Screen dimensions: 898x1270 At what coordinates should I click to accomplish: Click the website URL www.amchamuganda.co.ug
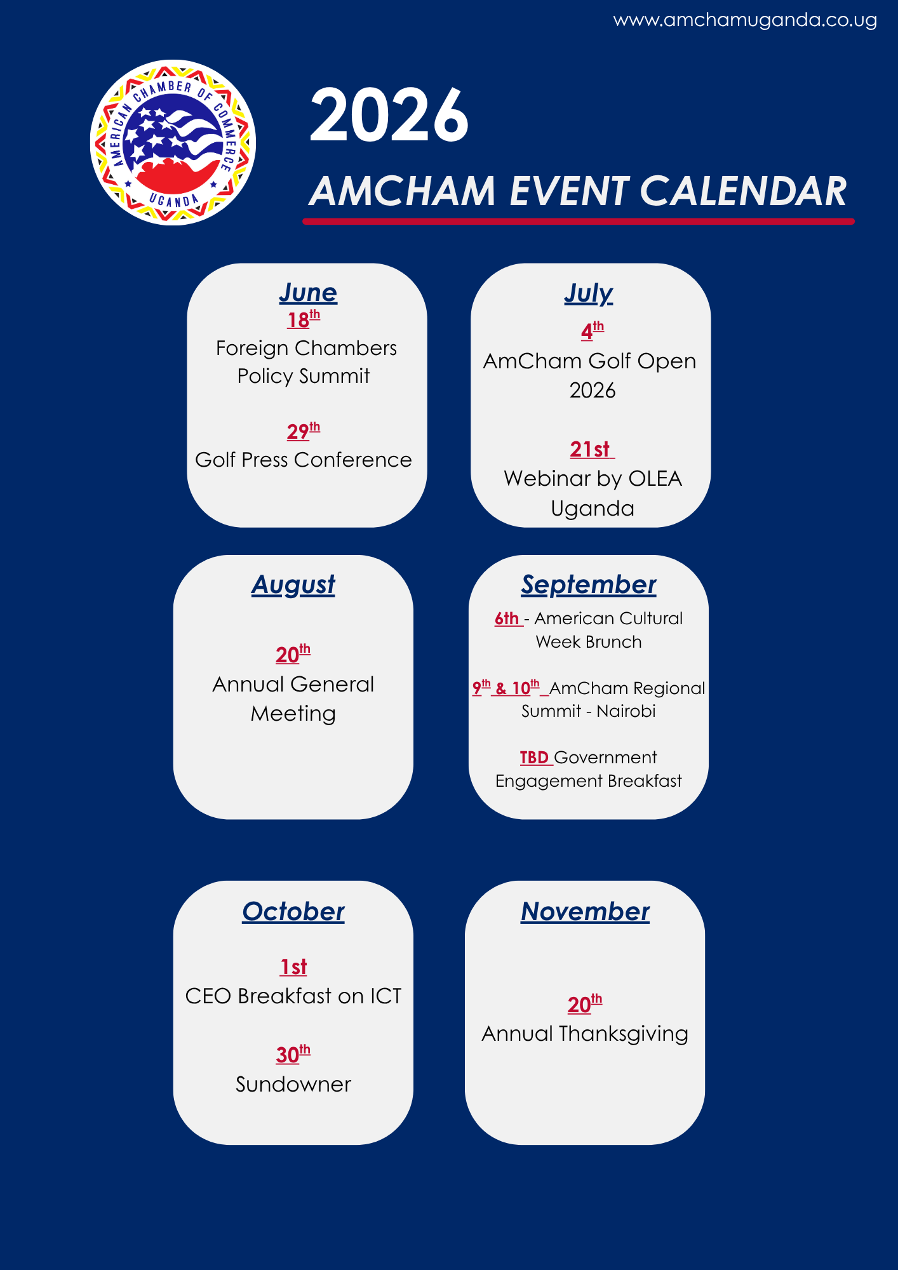tap(745, 20)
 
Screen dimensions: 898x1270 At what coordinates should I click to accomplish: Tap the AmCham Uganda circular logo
tap(173, 142)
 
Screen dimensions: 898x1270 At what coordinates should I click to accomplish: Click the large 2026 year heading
tap(389, 116)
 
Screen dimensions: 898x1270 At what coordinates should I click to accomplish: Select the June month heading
tap(308, 293)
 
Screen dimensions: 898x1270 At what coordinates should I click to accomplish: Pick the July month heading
tap(589, 293)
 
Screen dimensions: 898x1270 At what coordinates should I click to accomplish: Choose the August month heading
tap(293, 585)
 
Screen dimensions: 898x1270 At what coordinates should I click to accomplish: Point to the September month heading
tap(589, 585)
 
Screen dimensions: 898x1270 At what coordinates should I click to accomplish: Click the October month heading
tap(293, 912)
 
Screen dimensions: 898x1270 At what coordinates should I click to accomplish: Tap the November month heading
tap(585, 912)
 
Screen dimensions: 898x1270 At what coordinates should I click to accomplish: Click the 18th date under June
tap(304, 319)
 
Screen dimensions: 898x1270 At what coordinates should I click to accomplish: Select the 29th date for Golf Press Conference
tap(304, 431)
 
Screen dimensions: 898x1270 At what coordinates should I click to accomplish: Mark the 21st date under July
tap(591, 450)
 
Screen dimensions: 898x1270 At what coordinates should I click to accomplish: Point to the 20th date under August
tap(293, 653)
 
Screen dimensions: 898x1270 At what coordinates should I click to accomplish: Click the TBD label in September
tap(534, 758)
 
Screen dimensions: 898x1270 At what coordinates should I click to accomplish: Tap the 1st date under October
tap(293, 966)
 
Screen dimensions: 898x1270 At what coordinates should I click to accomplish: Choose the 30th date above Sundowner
tap(293, 1054)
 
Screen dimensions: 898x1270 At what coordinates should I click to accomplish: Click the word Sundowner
tap(293, 1084)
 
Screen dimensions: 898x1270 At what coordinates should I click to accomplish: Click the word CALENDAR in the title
tap(743, 191)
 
